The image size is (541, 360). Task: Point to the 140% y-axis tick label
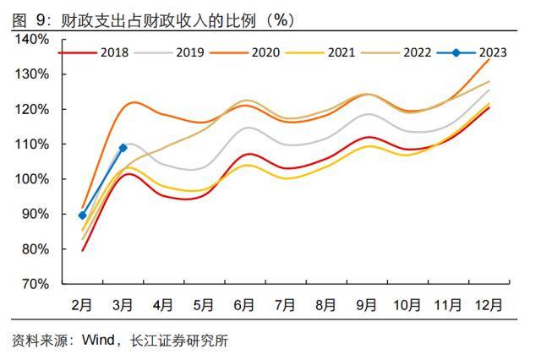tap(32, 39)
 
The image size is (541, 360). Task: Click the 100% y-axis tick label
tap(32, 179)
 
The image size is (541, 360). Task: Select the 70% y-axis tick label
tap(35, 284)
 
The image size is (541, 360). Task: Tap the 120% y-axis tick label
tap(32, 109)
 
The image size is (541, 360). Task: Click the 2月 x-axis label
tap(82, 303)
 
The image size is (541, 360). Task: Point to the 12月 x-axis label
tap(488, 303)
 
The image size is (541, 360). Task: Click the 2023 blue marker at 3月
tap(123, 148)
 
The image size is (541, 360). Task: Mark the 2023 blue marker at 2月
tap(82, 215)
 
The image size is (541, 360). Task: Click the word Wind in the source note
tap(97, 341)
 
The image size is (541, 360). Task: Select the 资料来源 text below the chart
tap(38, 341)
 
